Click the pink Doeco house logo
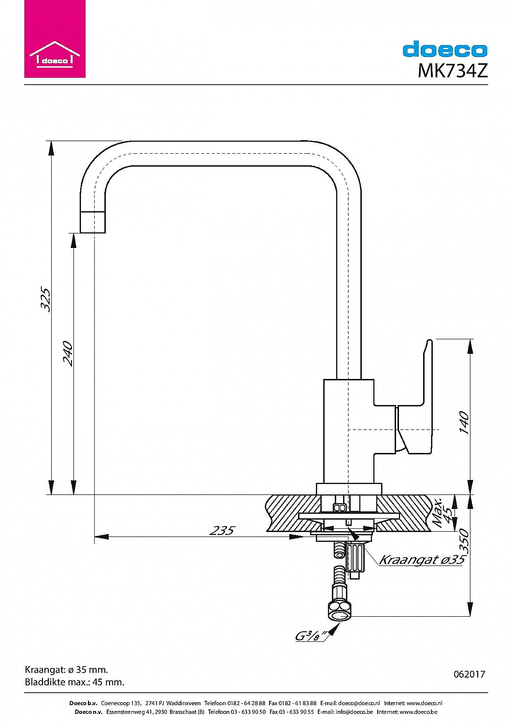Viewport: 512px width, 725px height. (x=55, y=39)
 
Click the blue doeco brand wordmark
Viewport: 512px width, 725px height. (x=445, y=50)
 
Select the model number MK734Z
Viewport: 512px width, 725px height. (x=452, y=71)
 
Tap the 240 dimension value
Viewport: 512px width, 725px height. (x=68, y=353)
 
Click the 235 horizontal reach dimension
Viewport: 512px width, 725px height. (x=222, y=530)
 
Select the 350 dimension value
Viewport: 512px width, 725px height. (x=463, y=541)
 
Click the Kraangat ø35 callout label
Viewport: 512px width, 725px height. (x=421, y=560)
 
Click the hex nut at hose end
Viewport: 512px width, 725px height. (x=339, y=610)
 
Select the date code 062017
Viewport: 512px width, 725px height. (x=469, y=674)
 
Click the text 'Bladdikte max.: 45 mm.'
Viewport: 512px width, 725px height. (x=74, y=682)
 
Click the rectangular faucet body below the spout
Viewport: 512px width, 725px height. (x=348, y=430)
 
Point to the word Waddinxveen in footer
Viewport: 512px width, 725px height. (x=184, y=703)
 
